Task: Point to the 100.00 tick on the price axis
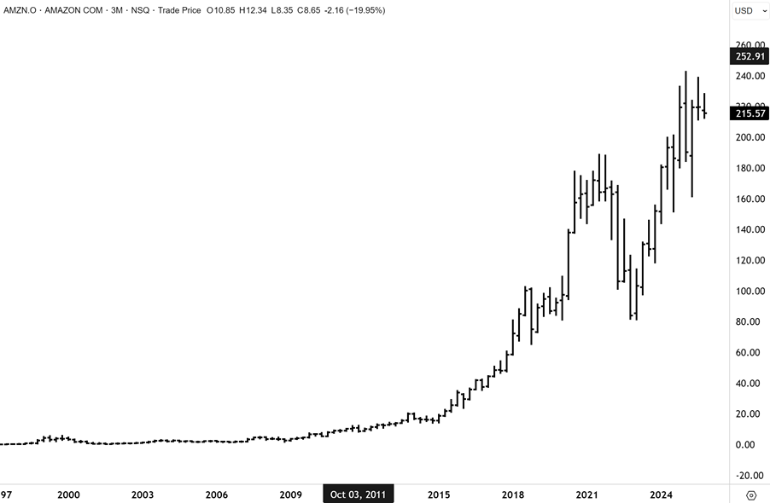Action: pos(750,291)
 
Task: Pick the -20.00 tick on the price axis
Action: pos(750,475)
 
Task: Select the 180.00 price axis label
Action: pos(750,168)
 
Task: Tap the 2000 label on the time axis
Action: pos(68,494)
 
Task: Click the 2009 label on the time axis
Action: pos(291,494)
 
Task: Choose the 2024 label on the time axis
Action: pos(661,494)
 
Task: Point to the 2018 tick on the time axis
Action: pos(512,494)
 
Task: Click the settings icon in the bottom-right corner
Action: pos(751,494)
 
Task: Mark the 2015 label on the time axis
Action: pos(439,494)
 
